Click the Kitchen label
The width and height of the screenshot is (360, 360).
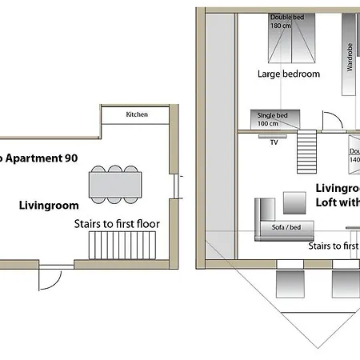(137, 115)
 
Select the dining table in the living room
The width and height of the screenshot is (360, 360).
(116, 186)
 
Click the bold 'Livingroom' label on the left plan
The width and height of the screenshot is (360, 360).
(48, 206)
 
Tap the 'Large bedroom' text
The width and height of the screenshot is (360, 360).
(288, 74)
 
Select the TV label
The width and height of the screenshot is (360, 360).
(274, 142)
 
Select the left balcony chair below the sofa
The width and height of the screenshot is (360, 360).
(287, 282)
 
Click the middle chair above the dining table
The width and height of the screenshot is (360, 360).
(116, 169)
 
